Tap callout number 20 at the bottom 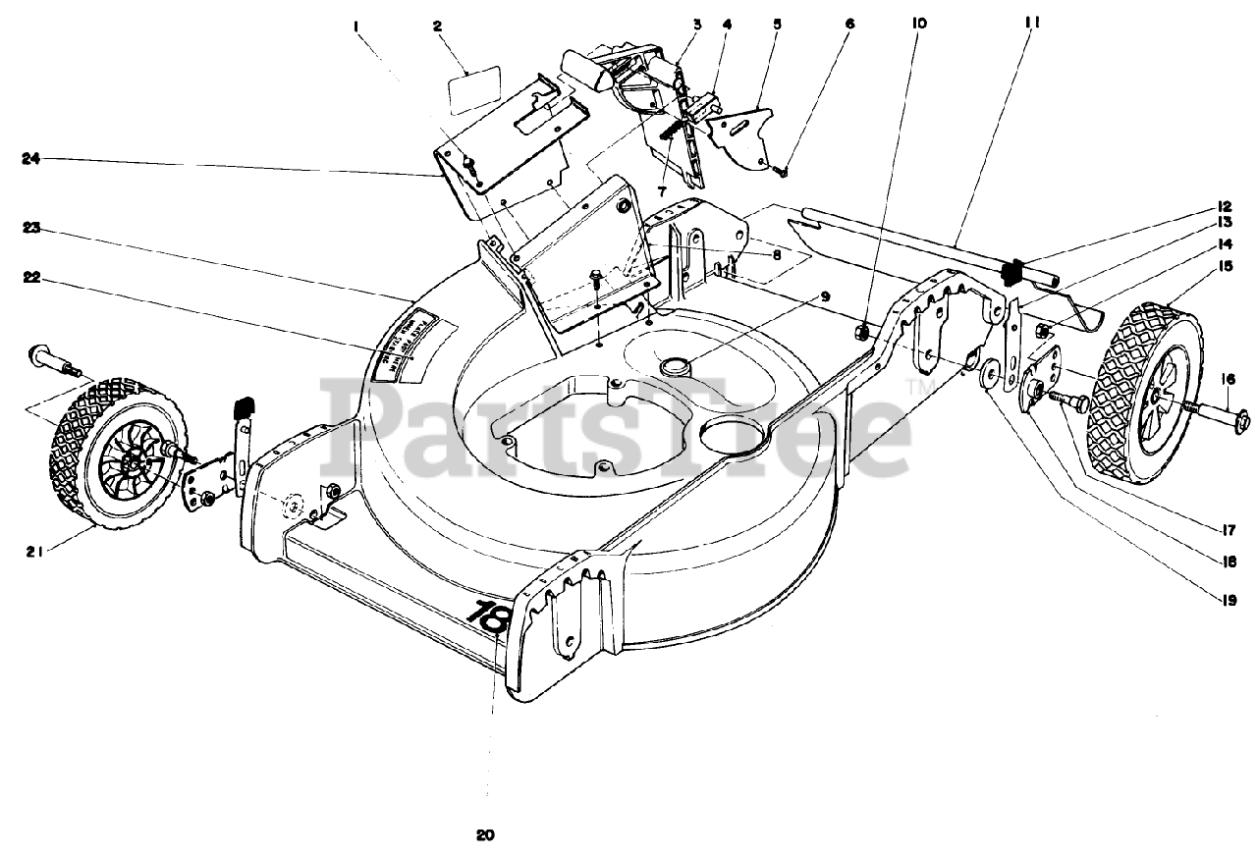tap(485, 836)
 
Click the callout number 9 tap(825, 295)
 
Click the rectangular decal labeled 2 tap(475, 83)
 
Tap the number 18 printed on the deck tap(489, 616)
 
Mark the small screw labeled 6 tap(781, 171)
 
